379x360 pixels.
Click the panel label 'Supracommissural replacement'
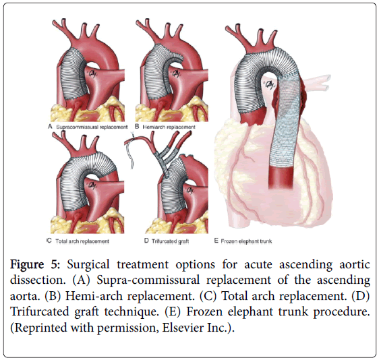92,127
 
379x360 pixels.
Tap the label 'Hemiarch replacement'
169,127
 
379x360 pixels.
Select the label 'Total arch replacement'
82,241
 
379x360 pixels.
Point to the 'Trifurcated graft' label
170,241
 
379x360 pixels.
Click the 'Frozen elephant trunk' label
246,241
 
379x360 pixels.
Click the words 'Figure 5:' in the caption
35,264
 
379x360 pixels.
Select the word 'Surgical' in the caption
88,265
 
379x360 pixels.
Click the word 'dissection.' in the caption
38,280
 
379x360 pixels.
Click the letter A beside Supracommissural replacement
50,126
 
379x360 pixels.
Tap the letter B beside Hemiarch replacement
137,126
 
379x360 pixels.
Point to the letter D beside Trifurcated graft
146,241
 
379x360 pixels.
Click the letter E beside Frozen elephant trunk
216,241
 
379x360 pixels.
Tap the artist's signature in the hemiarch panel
176,73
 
